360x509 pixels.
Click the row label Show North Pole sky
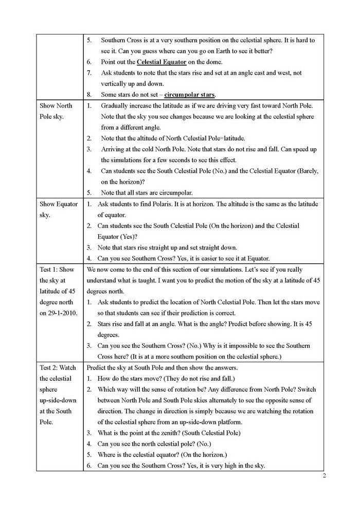56,111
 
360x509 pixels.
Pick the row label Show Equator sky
59,209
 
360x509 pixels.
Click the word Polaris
167,204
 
